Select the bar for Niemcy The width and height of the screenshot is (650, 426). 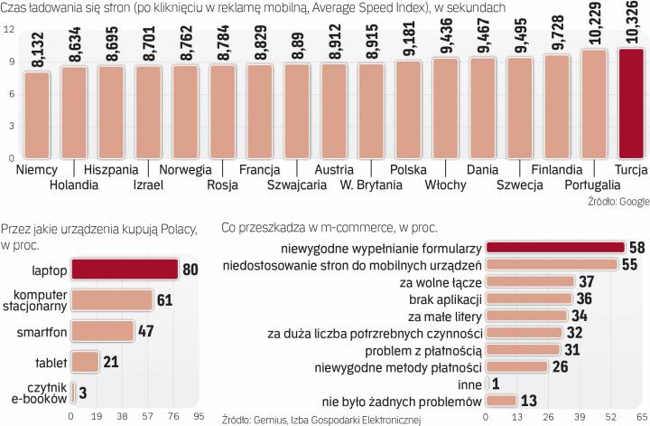click(38, 114)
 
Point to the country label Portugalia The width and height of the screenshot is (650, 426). click(592, 185)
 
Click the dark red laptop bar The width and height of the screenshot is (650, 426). click(124, 269)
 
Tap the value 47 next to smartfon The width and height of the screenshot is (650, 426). click(147, 331)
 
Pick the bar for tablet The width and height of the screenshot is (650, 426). click(85, 362)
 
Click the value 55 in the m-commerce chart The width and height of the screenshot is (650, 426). click(629, 264)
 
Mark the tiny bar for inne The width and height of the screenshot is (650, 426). click(487, 383)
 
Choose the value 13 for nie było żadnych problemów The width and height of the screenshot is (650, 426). click(530, 401)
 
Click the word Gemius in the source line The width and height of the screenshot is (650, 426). click(280, 419)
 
